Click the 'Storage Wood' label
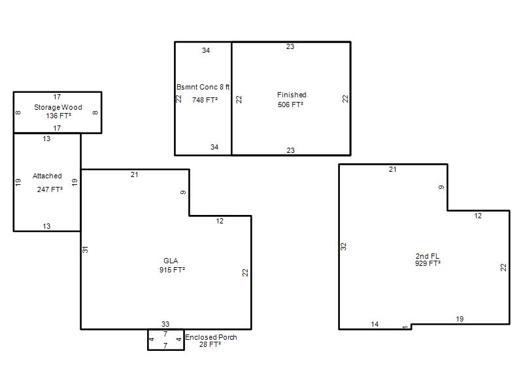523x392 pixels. [58, 107]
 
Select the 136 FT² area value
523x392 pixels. [58, 116]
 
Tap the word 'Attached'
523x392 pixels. [47, 176]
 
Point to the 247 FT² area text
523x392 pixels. [50, 189]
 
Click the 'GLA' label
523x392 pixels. [171, 261]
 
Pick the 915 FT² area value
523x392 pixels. [172, 270]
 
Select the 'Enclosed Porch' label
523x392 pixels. [211, 337]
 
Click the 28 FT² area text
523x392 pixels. [210, 344]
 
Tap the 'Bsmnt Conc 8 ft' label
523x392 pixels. [203, 87]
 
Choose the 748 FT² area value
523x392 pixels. [205, 100]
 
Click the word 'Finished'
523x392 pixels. [292, 95]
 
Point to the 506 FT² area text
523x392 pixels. [290, 105]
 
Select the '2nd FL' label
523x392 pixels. [428, 256]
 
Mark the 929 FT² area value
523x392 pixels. [428, 263]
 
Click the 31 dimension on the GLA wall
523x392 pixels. [86, 250]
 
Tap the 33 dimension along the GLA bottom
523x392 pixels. [165, 324]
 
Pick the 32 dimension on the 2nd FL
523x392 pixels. [344, 246]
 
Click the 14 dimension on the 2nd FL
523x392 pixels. [375, 324]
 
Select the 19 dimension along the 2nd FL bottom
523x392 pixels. [460, 319]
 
